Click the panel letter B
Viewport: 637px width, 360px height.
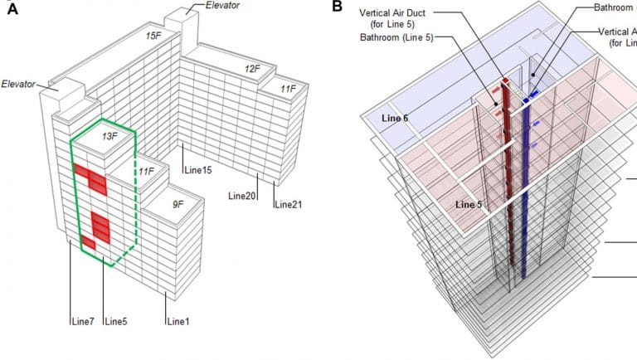point(337,7)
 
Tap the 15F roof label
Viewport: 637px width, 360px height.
point(153,36)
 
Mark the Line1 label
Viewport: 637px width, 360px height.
point(179,320)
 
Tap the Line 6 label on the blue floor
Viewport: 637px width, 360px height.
point(396,119)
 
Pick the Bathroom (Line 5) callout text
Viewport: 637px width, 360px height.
point(397,38)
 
